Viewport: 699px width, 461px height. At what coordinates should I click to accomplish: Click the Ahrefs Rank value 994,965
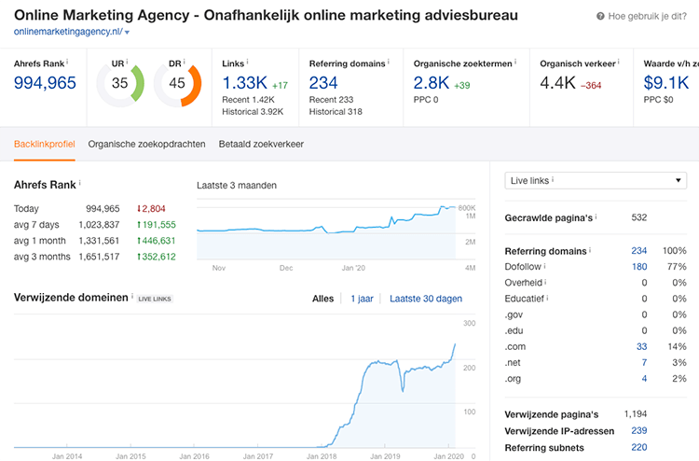(x=45, y=83)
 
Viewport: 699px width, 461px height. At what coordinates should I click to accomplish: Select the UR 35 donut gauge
(x=119, y=83)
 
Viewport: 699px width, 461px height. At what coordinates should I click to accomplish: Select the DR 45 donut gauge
(x=177, y=83)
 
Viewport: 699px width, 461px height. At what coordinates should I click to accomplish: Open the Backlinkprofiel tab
(x=44, y=144)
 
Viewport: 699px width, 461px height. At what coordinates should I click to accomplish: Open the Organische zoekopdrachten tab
(x=146, y=144)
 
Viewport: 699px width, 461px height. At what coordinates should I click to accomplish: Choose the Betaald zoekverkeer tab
(x=261, y=144)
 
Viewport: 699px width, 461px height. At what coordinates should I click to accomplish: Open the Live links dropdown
(x=596, y=181)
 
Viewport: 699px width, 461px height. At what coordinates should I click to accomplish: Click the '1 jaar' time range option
(x=361, y=299)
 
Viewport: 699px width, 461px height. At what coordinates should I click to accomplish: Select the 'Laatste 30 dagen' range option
(x=425, y=299)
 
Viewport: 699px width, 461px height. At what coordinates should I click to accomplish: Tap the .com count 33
(x=640, y=346)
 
